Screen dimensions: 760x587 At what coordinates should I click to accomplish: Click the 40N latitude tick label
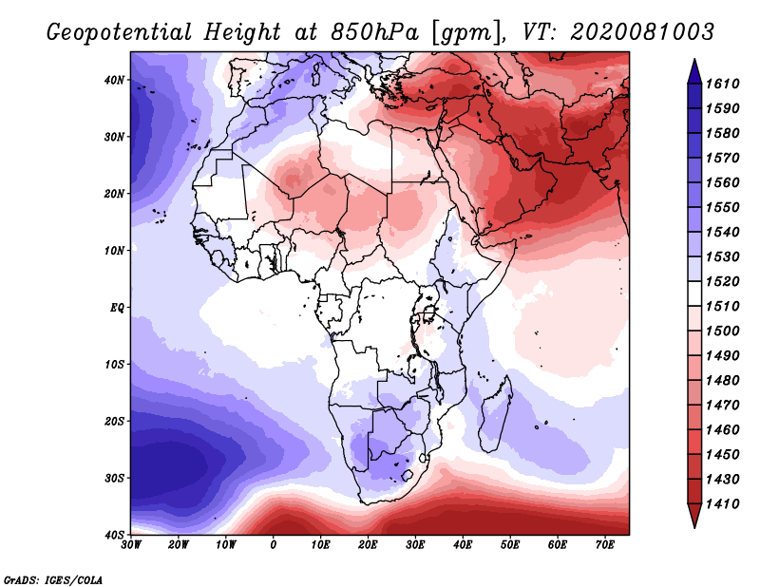pos(114,80)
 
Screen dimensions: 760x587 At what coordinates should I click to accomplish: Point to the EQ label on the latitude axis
pos(117,308)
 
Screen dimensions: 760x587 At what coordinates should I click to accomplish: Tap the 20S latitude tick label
pos(114,421)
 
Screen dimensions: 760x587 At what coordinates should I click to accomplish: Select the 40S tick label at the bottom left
pos(114,535)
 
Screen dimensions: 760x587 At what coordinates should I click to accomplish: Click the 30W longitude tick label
pos(131,545)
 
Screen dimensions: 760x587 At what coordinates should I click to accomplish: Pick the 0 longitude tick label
pos(274,545)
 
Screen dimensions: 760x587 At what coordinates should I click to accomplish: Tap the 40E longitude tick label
pos(463,545)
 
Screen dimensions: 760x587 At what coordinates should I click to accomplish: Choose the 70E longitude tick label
pos(605,545)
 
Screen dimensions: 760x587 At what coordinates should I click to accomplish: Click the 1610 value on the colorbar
pos(722,84)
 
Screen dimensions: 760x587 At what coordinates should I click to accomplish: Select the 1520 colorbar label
pos(722,281)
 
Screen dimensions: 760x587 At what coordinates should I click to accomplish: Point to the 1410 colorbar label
pos(722,504)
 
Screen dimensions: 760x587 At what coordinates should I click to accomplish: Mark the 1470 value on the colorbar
pos(722,406)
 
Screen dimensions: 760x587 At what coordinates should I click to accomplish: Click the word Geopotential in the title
pos(119,32)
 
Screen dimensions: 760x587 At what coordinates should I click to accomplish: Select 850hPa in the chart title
pos(374,32)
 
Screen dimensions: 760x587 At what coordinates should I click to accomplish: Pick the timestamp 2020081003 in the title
pos(642,32)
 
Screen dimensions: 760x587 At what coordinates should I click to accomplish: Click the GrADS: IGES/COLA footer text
pos(53,579)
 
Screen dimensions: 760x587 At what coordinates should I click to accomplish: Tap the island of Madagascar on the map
pos(495,413)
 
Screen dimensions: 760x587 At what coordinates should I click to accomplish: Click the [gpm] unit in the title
pos(465,33)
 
